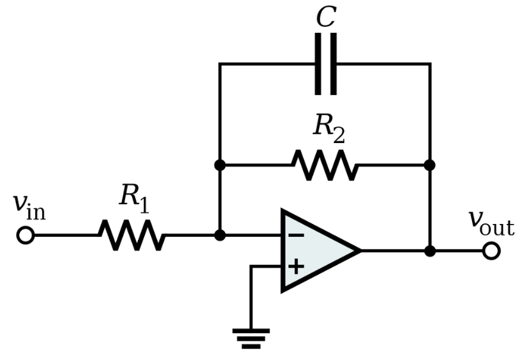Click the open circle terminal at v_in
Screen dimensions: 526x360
click(26, 236)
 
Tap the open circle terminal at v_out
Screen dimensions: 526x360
click(491, 251)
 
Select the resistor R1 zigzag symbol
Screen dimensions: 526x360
click(132, 236)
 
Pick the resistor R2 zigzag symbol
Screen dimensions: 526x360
click(325, 165)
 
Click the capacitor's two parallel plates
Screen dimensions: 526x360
click(326, 64)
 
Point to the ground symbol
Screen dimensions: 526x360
click(251, 339)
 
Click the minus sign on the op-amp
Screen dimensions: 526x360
click(296, 236)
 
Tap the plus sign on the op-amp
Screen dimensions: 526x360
click(296, 267)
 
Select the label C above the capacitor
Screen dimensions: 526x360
click(326, 17)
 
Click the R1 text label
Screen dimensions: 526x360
click(134, 199)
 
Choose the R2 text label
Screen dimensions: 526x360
click(328, 129)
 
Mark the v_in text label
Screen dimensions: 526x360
click(29, 207)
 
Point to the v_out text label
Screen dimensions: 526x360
click(491, 223)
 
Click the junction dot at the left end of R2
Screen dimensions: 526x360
click(220, 165)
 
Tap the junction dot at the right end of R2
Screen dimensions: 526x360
click(430, 165)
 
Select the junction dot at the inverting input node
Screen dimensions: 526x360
click(220, 236)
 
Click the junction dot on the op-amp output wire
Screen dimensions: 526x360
click(430, 251)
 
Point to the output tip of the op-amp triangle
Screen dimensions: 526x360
click(361, 251)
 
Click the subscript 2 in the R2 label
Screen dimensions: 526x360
click(339, 136)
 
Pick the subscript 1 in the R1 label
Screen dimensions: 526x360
click(144, 205)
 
